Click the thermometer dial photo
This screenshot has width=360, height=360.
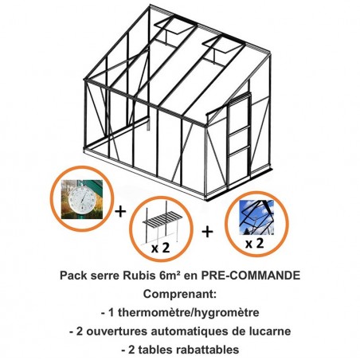pos(82,199)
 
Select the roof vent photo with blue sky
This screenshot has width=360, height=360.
pos(256,217)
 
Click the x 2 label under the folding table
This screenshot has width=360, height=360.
pos(160,248)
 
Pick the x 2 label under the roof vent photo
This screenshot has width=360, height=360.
pos(254,243)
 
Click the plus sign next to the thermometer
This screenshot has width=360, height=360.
pos(120,212)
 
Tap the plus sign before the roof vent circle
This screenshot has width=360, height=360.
pos(207,232)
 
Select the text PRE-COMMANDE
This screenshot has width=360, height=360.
pos(250,276)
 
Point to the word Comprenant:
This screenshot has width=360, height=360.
pos(180,294)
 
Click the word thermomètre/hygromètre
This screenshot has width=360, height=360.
pos(189,312)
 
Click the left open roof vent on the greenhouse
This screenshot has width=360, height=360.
pos(172,27)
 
